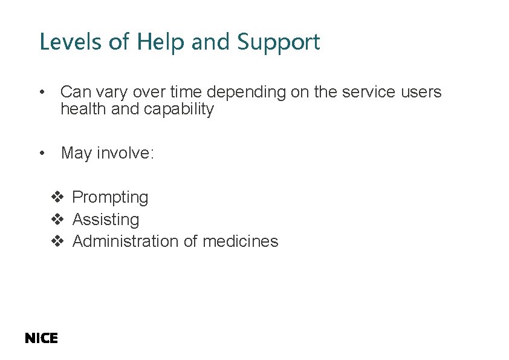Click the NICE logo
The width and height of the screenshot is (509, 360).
click(41, 339)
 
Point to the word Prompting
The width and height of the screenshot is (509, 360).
click(110, 198)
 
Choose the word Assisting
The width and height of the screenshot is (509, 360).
click(106, 220)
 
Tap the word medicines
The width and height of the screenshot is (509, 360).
click(241, 241)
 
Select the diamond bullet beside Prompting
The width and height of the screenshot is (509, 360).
click(57, 197)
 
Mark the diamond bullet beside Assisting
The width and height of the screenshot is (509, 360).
click(57, 219)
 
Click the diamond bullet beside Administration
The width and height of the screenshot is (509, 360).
click(57, 241)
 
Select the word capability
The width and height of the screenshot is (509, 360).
click(179, 110)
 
